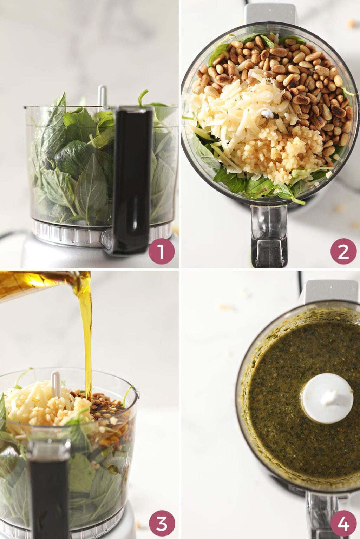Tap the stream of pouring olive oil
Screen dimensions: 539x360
86,337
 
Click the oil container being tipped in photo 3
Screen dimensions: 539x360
35,284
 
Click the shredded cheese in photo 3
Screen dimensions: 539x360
32,404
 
